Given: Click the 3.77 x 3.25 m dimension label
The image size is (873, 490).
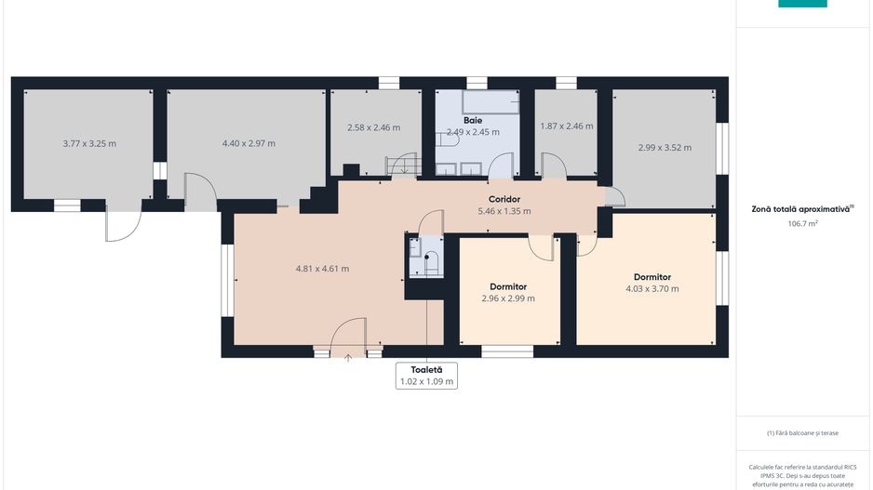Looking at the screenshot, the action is (x=89, y=143).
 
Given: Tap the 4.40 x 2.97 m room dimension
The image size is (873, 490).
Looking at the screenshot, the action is (x=248, y=143).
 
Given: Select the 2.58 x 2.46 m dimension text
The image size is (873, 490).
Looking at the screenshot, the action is (x=373, y=127).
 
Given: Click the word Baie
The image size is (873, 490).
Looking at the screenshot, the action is (x=473, y=120).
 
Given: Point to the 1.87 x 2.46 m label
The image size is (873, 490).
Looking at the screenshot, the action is (x=567, y=126).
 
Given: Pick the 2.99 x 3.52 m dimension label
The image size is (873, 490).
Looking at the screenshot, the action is (x=665, y=148).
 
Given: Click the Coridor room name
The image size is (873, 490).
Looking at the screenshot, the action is (x=504, y=199).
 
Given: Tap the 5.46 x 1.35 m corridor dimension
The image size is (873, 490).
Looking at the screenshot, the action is (x=504, y=211).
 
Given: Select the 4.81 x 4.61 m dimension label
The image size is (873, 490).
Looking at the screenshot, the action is (x=322, y=269).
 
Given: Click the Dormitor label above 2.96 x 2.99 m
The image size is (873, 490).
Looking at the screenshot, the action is (x=508, y=286).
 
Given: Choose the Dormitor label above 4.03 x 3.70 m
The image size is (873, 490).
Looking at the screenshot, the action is (x=652, y=277).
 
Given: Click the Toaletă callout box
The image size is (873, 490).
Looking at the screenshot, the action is (x=426, y=376).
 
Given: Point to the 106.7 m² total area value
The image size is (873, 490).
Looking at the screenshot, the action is (x=802, y=223).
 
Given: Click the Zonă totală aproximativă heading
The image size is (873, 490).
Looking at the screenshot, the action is (x=802, y=209).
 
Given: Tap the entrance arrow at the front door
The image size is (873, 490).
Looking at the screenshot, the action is (x=348, y=358).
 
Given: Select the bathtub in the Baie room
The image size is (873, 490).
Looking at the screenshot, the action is (x=490, y=102).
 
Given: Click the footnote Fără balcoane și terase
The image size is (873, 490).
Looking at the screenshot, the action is (x=802, y=432).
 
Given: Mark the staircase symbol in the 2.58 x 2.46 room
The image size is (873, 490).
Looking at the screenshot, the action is (x=404, y=166).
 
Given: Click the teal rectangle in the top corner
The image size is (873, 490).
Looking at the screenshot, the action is (x=802, y=4).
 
